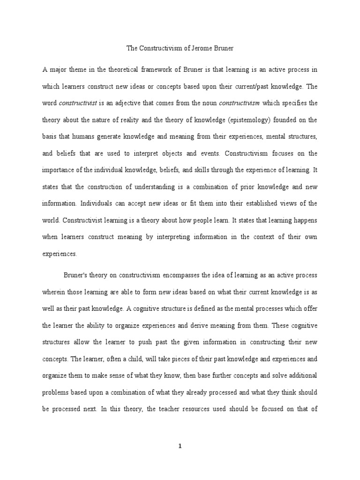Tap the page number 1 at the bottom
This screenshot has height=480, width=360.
[x=180, y=447]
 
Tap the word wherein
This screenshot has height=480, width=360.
[x=54, y=292]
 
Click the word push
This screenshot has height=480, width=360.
[x=137, y=342]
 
